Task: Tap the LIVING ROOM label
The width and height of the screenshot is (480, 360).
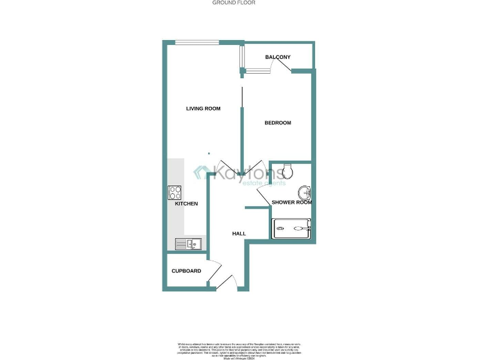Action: [x=203, y=109]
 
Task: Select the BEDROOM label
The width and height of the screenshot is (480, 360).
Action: [x=277, y=122]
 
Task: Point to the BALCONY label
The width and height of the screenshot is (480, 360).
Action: [x=277, y=57]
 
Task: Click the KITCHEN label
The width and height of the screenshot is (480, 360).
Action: [x=186, y=204]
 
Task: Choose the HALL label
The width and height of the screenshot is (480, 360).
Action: [x=239, y=234]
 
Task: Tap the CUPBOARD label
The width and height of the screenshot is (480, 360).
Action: [x=186, y=271]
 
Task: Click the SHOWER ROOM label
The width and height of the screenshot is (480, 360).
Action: [x=291, y=202]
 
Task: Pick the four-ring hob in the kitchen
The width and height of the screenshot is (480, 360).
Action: [x=174, y=192]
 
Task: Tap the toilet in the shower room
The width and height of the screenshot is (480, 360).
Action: [x=288, y=169]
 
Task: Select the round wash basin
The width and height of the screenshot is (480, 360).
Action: [x=304, y=192]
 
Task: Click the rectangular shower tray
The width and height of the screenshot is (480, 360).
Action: [x=291, y=228]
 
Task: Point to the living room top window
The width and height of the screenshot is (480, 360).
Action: [x=196, y=42]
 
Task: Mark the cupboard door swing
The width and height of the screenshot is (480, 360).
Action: [x=214, y=270]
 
